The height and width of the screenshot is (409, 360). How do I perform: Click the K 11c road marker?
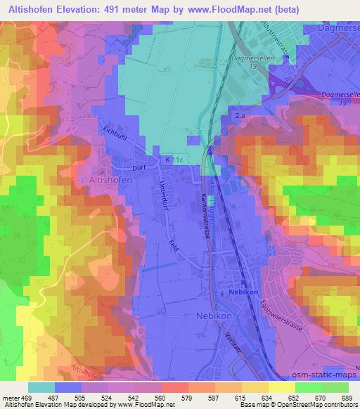(x=174, y=160)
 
